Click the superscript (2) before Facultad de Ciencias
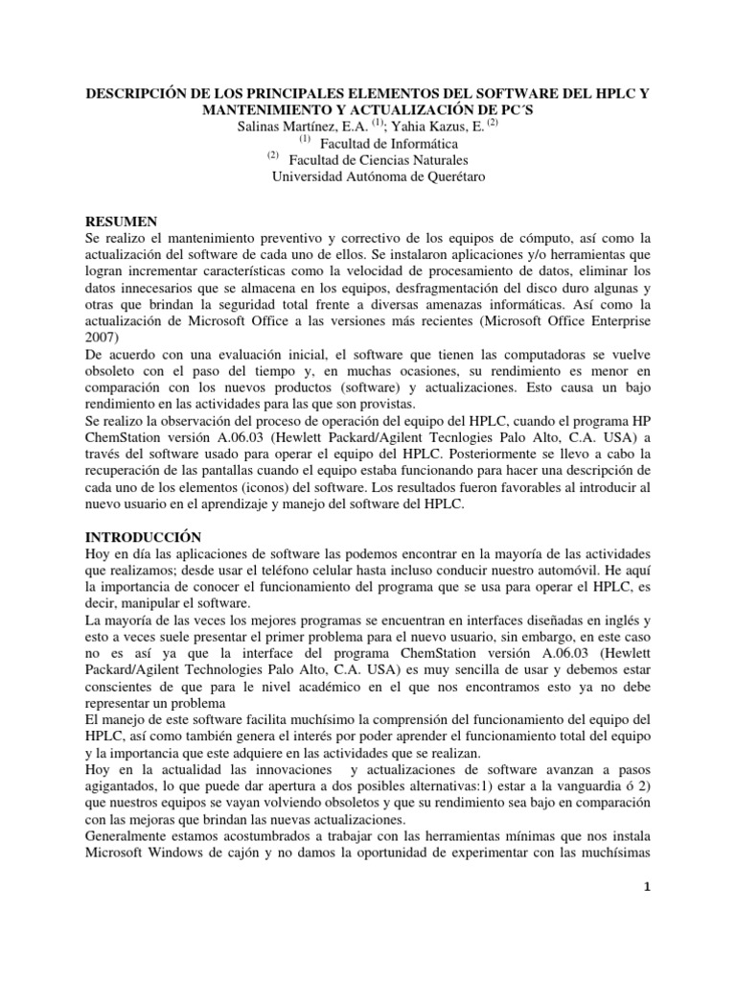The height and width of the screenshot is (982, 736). point(272,155)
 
